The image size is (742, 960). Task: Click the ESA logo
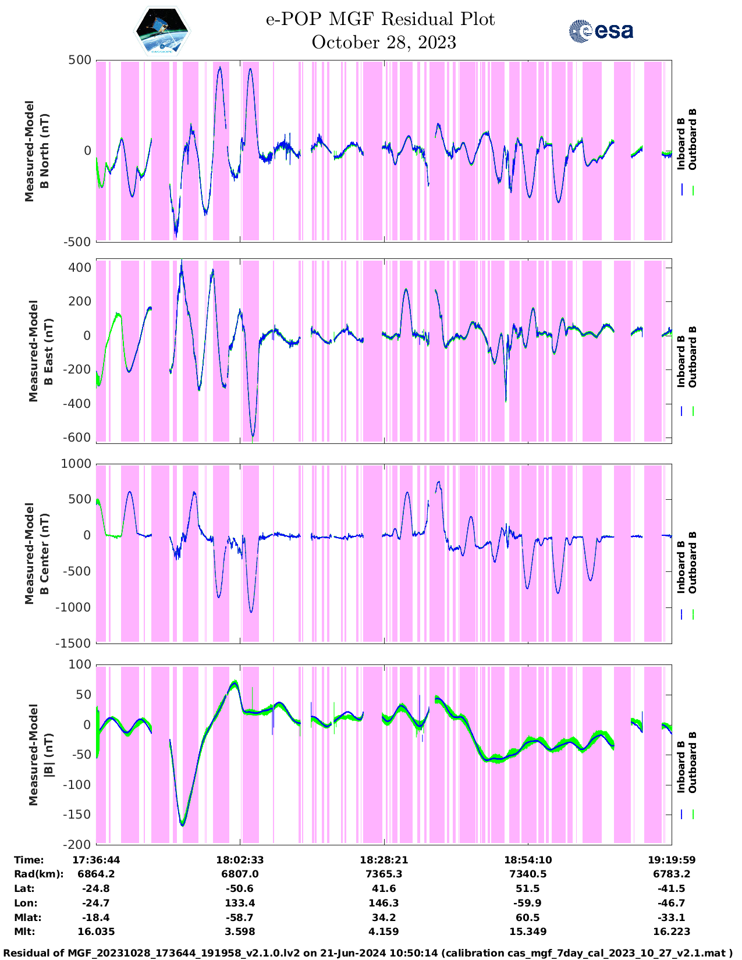[x=601, y=31]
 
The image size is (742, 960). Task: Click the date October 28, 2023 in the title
[x=384, y=42]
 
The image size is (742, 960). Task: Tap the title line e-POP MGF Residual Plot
[x=380, y=19]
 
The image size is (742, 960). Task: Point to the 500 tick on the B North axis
[x=80, y=60]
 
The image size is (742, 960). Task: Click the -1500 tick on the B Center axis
[x=73, y=643]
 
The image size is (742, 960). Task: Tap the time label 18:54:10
[x=527, y=859]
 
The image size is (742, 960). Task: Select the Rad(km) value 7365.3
[x=384, y=874]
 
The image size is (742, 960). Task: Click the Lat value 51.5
[x=527, y=888]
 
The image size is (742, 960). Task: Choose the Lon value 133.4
[x=240, y=903]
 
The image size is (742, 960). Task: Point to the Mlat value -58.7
[x=240, y=918]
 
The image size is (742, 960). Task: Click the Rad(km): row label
[x=38, y=874]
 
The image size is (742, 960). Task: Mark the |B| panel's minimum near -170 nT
[x=183, y=824]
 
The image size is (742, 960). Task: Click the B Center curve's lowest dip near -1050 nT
[x=251, y=611]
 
